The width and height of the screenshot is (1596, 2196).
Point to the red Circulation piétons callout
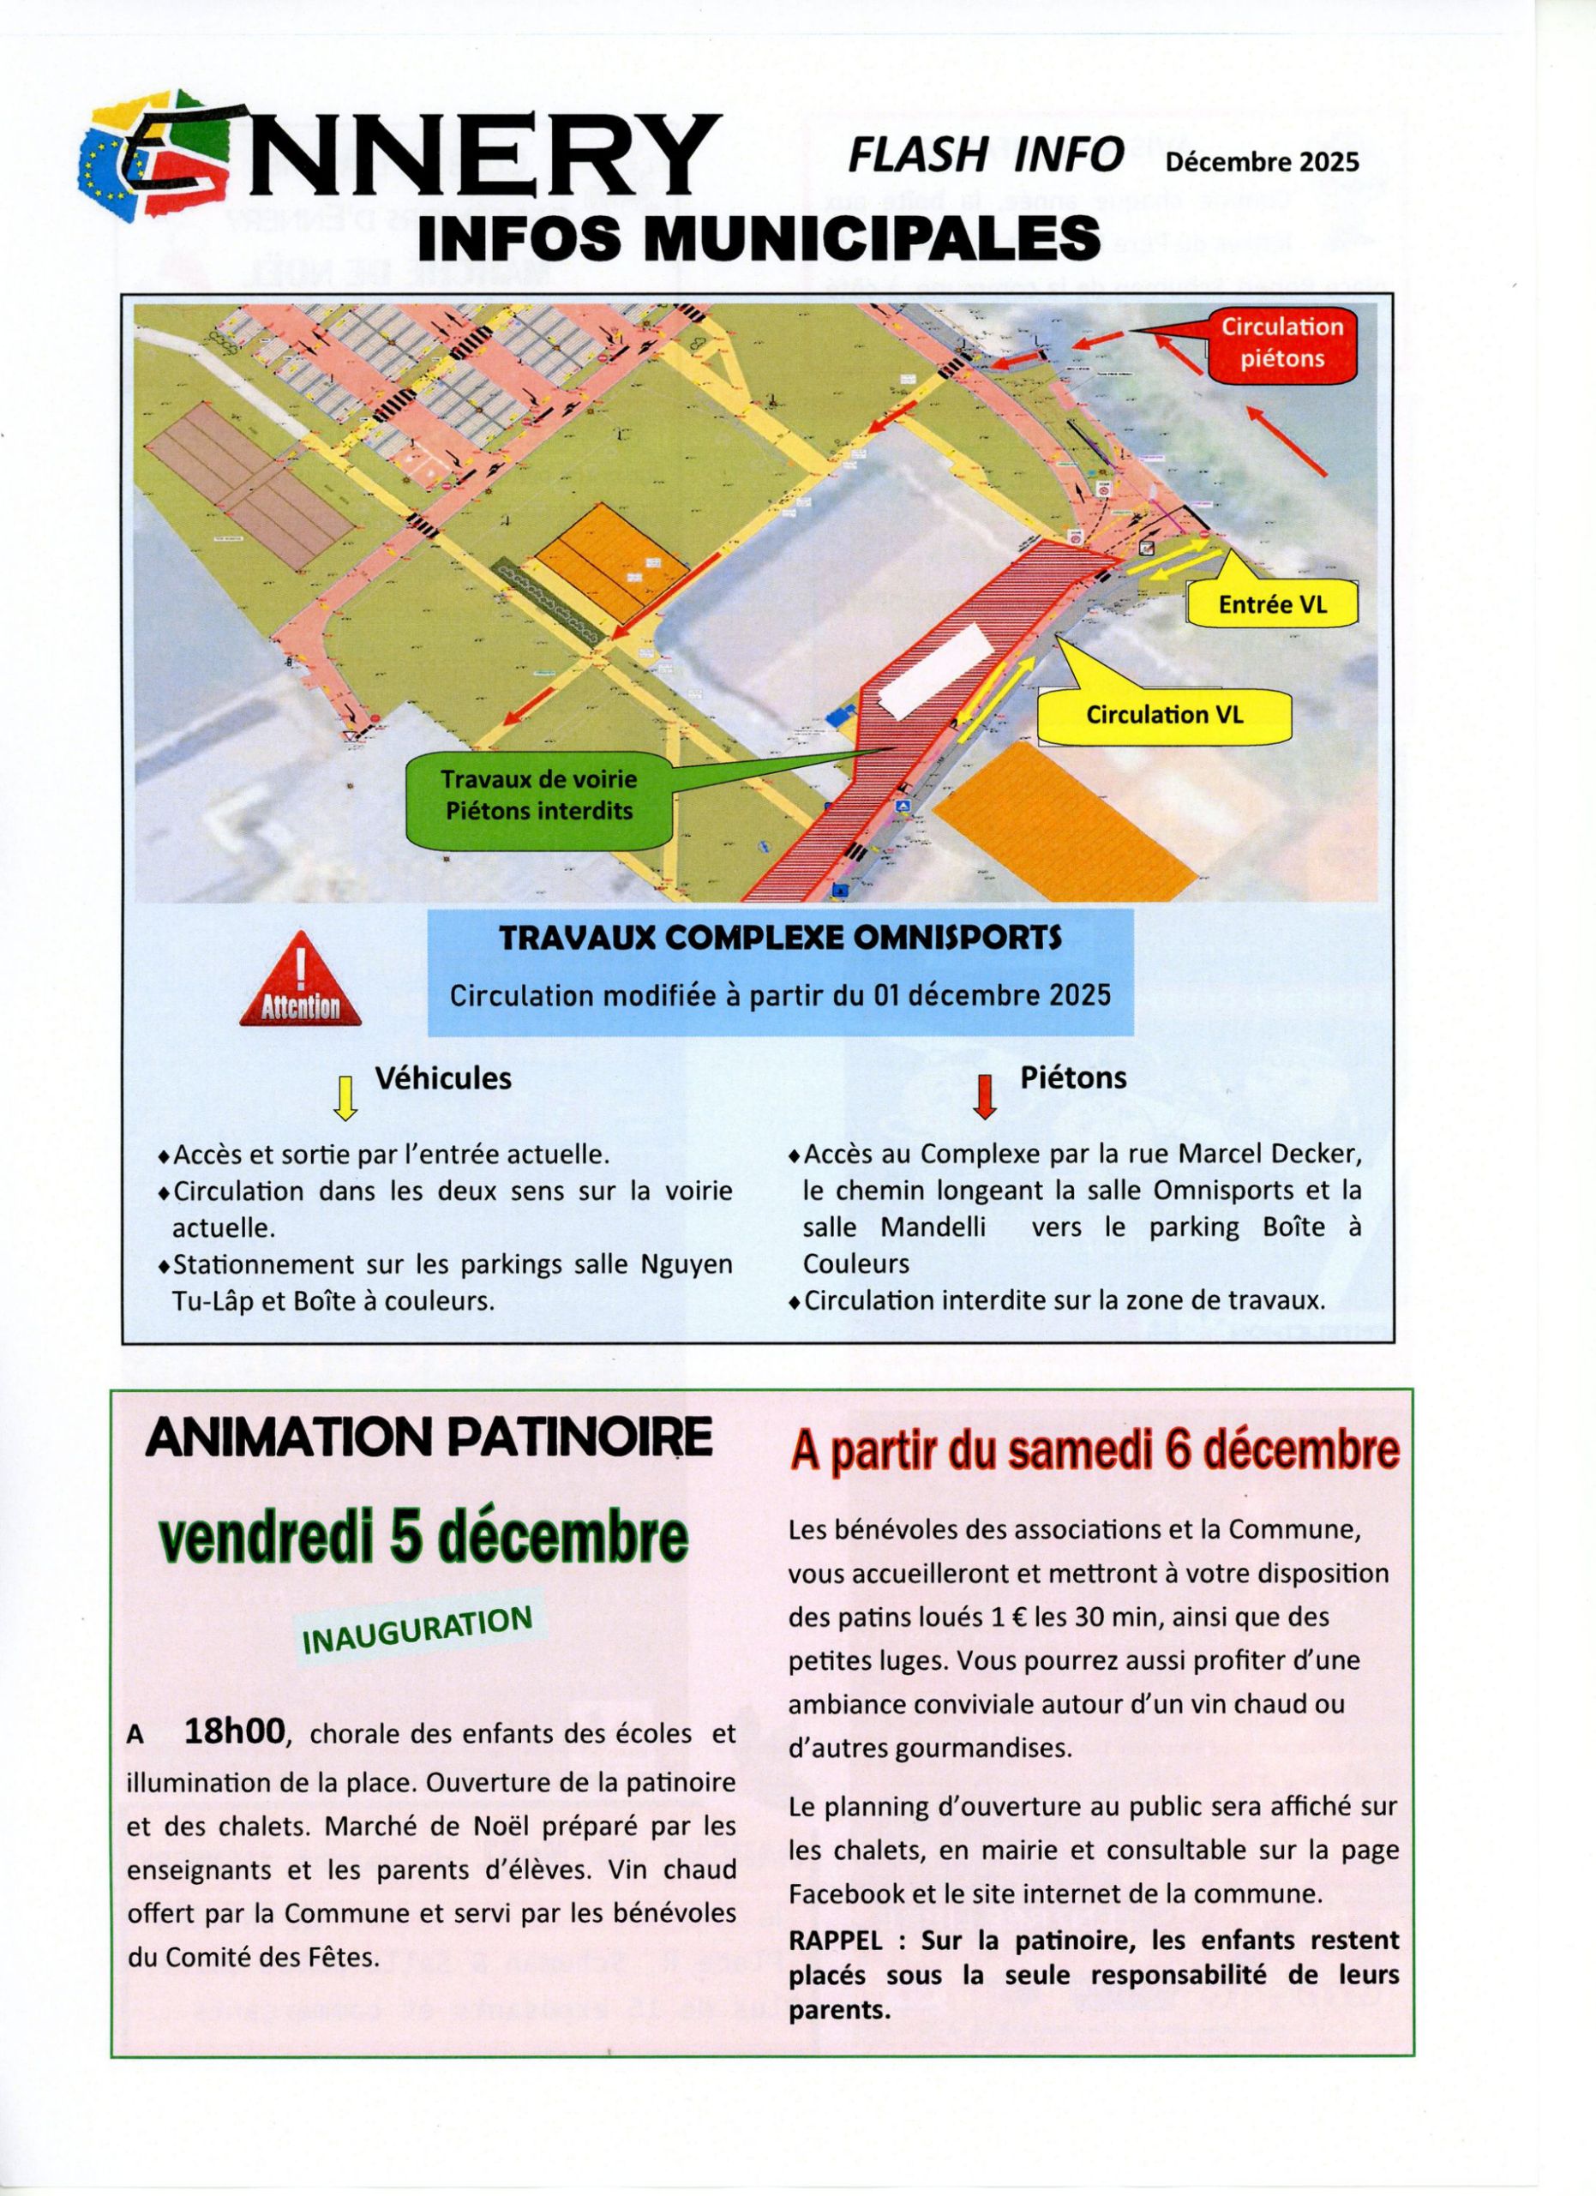1281,342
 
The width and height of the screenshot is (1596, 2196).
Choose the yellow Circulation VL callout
1164,715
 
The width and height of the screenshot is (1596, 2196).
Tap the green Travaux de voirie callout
538,795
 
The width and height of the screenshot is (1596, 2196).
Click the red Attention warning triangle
300,981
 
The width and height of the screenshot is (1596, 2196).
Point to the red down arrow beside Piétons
985,1096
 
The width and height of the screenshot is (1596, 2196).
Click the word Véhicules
442,1077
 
